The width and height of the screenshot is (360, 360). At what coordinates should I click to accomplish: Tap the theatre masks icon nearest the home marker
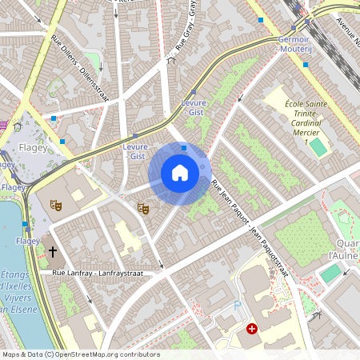point(143,208)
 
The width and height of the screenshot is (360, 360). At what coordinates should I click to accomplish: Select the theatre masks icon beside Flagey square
point(56,205)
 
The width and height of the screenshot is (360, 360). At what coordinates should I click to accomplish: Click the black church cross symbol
point(53,252)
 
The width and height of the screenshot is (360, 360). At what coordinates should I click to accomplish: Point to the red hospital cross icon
point(252,328)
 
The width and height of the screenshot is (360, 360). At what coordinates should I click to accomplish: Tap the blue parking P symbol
point(237,306)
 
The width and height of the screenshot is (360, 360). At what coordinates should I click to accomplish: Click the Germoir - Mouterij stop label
point(293,43)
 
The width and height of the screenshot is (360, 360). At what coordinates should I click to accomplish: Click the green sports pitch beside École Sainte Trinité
point(318,147)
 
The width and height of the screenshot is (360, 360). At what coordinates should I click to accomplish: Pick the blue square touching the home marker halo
point(184,148)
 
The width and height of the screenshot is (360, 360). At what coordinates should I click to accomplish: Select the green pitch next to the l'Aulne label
point(330,273)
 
